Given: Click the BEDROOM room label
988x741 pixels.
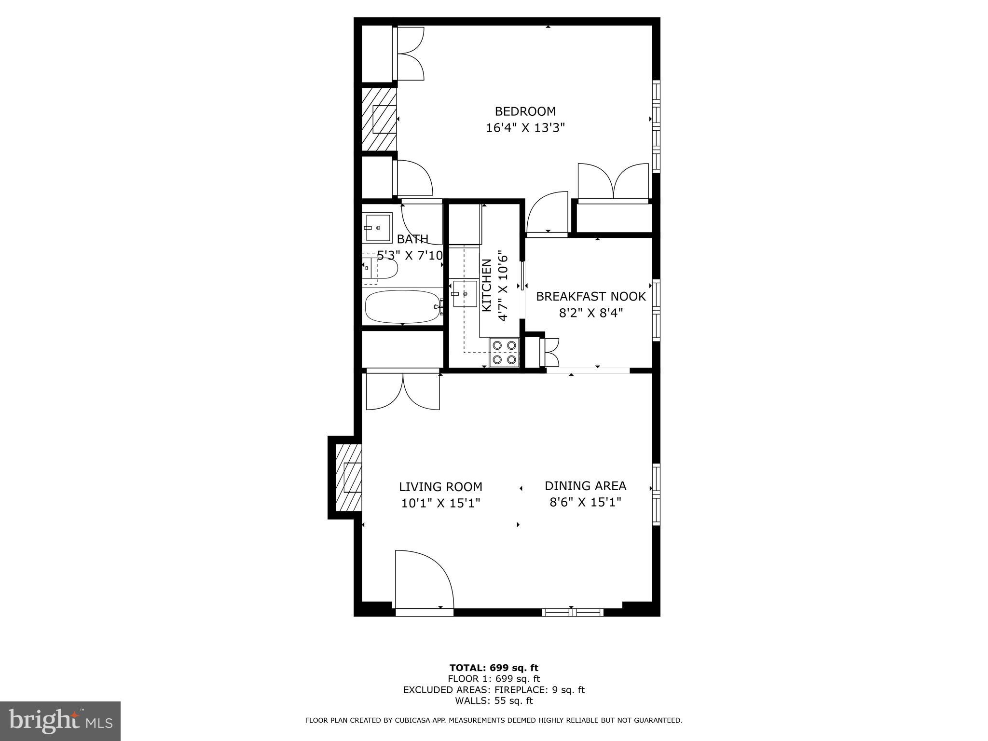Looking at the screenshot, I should tap(525, 111).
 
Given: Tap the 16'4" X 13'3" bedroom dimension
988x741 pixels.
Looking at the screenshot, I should tap(525, 128).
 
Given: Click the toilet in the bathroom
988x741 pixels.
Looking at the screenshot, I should tap(381, 268).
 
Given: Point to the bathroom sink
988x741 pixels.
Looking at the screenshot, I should tap(378, 228).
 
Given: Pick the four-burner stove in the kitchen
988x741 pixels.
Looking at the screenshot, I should tap(504, 352).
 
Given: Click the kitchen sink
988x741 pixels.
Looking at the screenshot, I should tap(465, 294).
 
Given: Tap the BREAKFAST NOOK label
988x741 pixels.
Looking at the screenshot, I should tap(590, 296).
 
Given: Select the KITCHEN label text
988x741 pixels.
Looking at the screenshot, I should tap(487, 285).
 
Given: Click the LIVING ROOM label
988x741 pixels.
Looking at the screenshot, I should tap(440, 487).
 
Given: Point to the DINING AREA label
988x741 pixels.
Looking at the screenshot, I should tap(585, 486).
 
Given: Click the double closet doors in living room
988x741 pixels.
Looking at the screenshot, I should tap(403, 391).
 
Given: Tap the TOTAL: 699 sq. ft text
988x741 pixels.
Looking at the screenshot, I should tap(494, 668).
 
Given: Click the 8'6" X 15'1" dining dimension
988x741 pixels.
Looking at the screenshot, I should tap(585, 503).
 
